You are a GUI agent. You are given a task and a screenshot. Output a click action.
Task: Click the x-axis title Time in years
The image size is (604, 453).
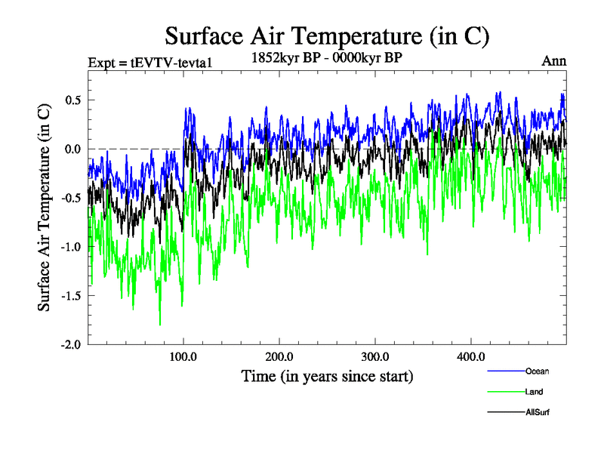pos(328,375)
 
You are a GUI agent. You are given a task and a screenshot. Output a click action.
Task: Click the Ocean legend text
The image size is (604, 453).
pos(537,371)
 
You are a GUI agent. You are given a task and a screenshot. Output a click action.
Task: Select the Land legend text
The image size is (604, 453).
pos(534,392)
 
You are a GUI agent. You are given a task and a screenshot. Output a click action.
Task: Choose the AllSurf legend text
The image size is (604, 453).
pos(537,412)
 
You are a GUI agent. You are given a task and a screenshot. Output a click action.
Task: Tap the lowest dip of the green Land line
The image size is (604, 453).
pos(160,325)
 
